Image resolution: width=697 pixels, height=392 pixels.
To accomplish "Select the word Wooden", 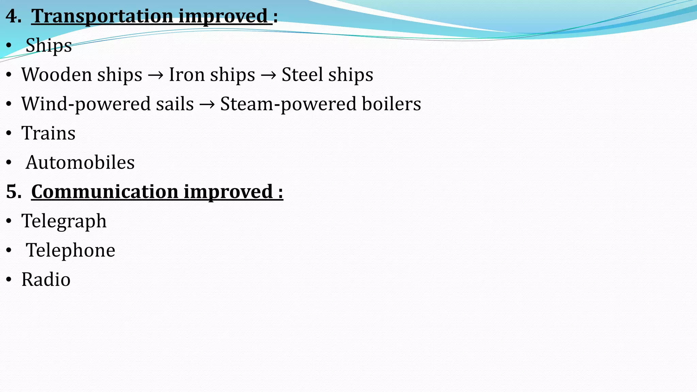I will click(x=57, y=75).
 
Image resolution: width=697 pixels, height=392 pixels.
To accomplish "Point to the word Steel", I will click(x=302, y=75).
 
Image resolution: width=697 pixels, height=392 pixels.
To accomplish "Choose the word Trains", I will click(x=48, y=133).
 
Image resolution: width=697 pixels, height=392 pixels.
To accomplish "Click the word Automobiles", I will click(x=80, y=162).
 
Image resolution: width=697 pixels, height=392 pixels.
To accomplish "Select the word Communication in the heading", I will click(x=104, y=192).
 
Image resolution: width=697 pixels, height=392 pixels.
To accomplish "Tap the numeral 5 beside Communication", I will click(x=12, y=192).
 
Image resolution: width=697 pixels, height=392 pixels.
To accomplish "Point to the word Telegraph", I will click(x=64, y=221).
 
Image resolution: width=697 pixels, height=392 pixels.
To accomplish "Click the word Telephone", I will click(x=71, y=250).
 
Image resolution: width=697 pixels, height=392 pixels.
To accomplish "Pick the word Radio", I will click(x=46, y=280).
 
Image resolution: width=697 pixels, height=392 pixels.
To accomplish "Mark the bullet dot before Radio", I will click(x=9, y=280).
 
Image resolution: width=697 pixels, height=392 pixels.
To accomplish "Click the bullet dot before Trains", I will click(x=9, y=133).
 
